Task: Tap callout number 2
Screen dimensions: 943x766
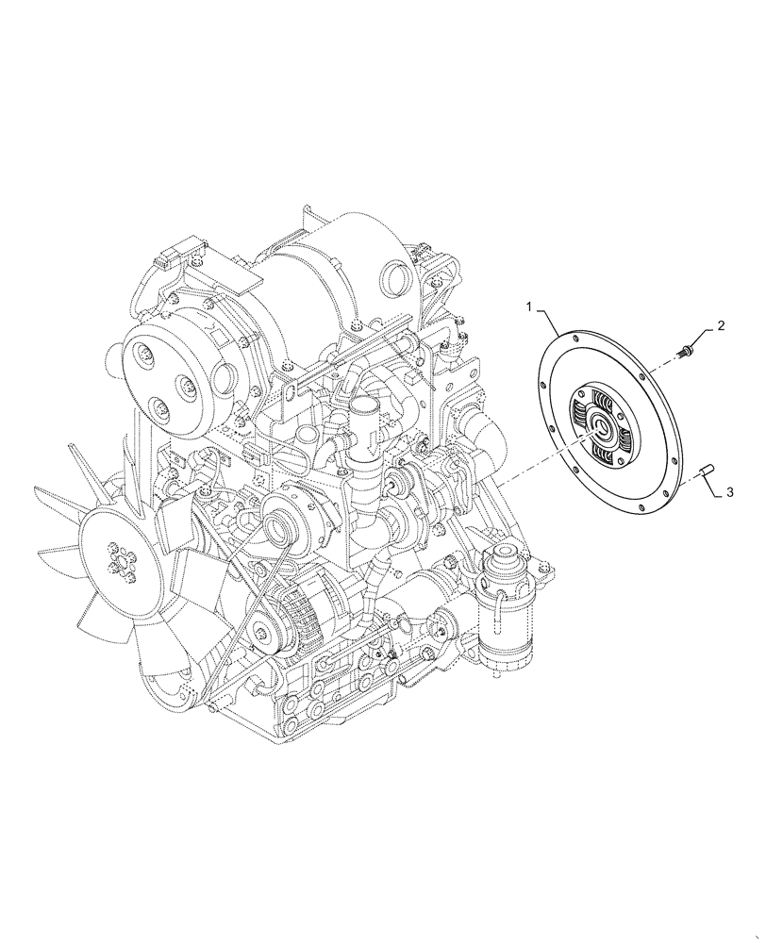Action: (721, 326)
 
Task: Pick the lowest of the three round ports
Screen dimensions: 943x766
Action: (163, 409)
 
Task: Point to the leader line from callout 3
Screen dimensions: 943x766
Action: (714, 485)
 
